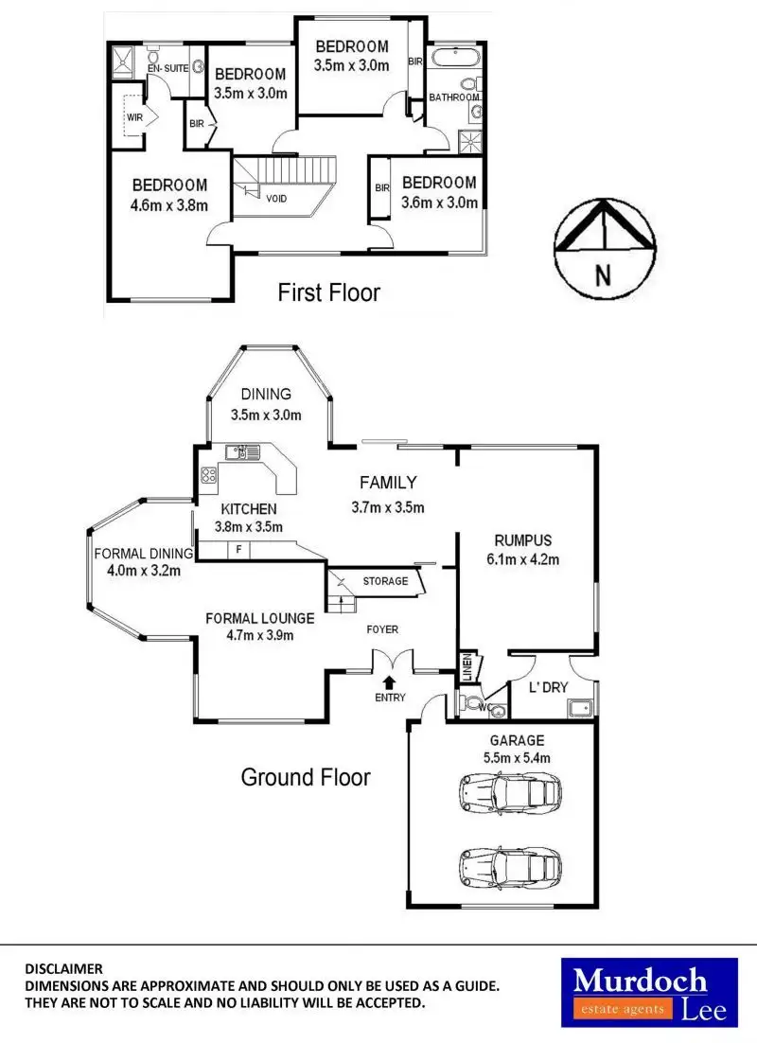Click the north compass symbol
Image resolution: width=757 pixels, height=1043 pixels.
[603, 243]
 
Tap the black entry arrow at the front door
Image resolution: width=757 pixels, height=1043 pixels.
[390, 680]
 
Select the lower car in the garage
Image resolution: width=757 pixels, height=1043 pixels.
[508, 865]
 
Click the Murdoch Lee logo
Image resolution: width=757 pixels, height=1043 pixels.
[648, 992]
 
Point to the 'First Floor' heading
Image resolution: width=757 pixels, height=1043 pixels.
[328, 292]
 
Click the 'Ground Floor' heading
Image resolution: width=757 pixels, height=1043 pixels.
[306, 777]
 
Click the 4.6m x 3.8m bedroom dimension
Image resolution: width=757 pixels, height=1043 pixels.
[169, 204]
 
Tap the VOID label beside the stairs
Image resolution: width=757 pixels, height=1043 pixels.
[276, 199]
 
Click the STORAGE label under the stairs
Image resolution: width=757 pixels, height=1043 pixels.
[385, 581]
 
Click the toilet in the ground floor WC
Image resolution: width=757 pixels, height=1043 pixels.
[470, 703]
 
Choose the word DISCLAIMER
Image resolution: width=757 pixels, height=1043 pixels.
[63, 968]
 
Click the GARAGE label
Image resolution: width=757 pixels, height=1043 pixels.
[517, 740]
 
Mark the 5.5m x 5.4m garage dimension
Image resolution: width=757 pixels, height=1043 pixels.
[517, 757]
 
